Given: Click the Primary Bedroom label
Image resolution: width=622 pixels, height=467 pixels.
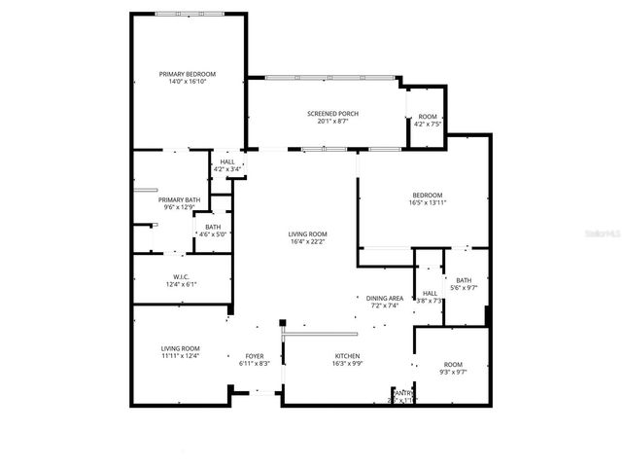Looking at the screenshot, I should pos(188,74).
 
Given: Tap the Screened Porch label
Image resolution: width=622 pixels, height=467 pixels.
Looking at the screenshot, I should pos(332,114).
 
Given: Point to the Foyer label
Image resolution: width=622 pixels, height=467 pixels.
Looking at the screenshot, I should pos(253,356).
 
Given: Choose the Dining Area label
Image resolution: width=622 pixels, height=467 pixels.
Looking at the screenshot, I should pos(385,298).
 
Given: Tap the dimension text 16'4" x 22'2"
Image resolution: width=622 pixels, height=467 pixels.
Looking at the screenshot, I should pos(307,242).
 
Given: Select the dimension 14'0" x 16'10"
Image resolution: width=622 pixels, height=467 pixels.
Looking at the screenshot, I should pos(188,82).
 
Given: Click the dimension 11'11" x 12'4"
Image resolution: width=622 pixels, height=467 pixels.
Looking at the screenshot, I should pos(180,356).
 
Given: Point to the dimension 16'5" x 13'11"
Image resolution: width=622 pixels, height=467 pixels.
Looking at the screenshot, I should pos(428,203).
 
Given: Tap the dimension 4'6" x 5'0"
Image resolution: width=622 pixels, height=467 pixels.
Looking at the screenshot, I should pos(212,234).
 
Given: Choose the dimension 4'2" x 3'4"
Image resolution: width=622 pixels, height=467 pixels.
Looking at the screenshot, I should pos(227,170).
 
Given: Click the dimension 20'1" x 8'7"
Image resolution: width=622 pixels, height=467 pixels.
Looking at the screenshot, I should pos(332,122).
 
